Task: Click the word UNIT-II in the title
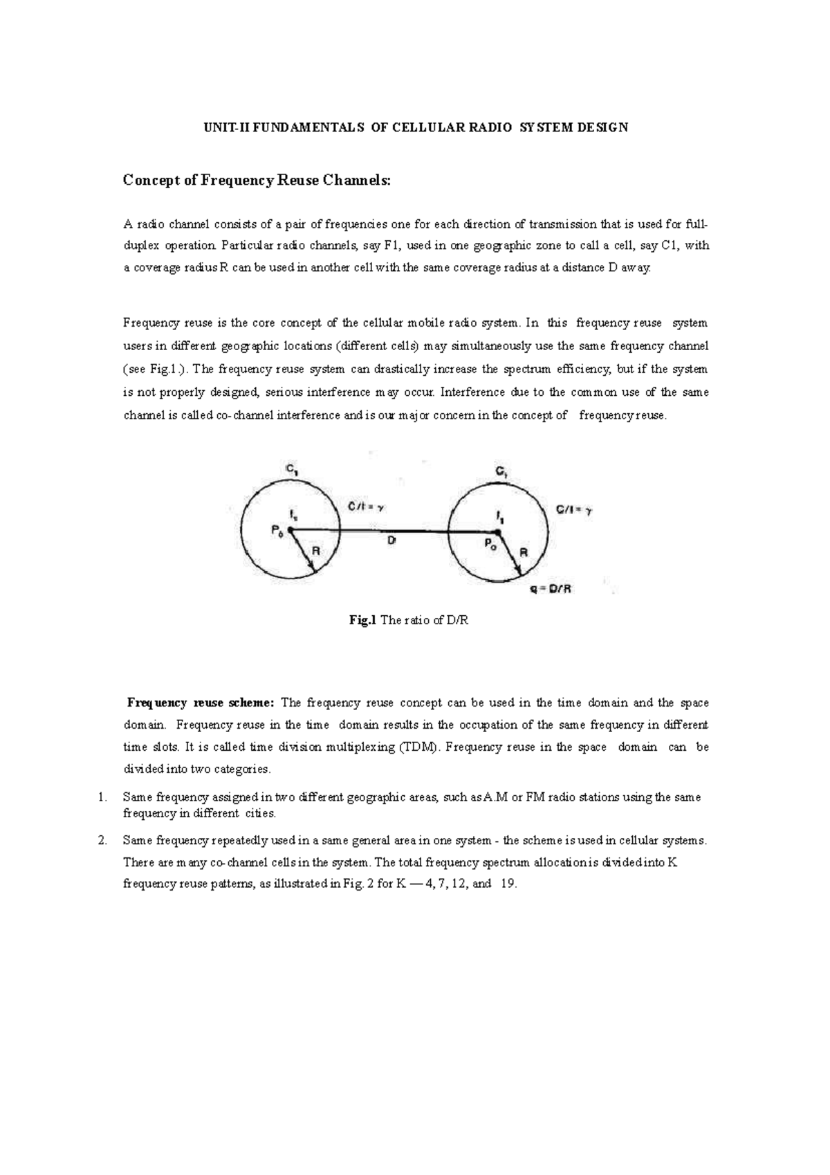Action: coord(223,128)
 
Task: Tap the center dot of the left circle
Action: coord(290,531)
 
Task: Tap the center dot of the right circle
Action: coord(498,531)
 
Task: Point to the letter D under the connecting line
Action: coord(391,543)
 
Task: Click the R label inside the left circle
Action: coord(316,552)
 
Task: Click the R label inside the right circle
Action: coord(524,552)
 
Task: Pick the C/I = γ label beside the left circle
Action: coord(365,507)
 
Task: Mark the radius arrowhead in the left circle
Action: coord(313,569)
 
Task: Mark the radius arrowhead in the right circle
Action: coord(519,571)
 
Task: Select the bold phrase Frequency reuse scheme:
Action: coord(201,703)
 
